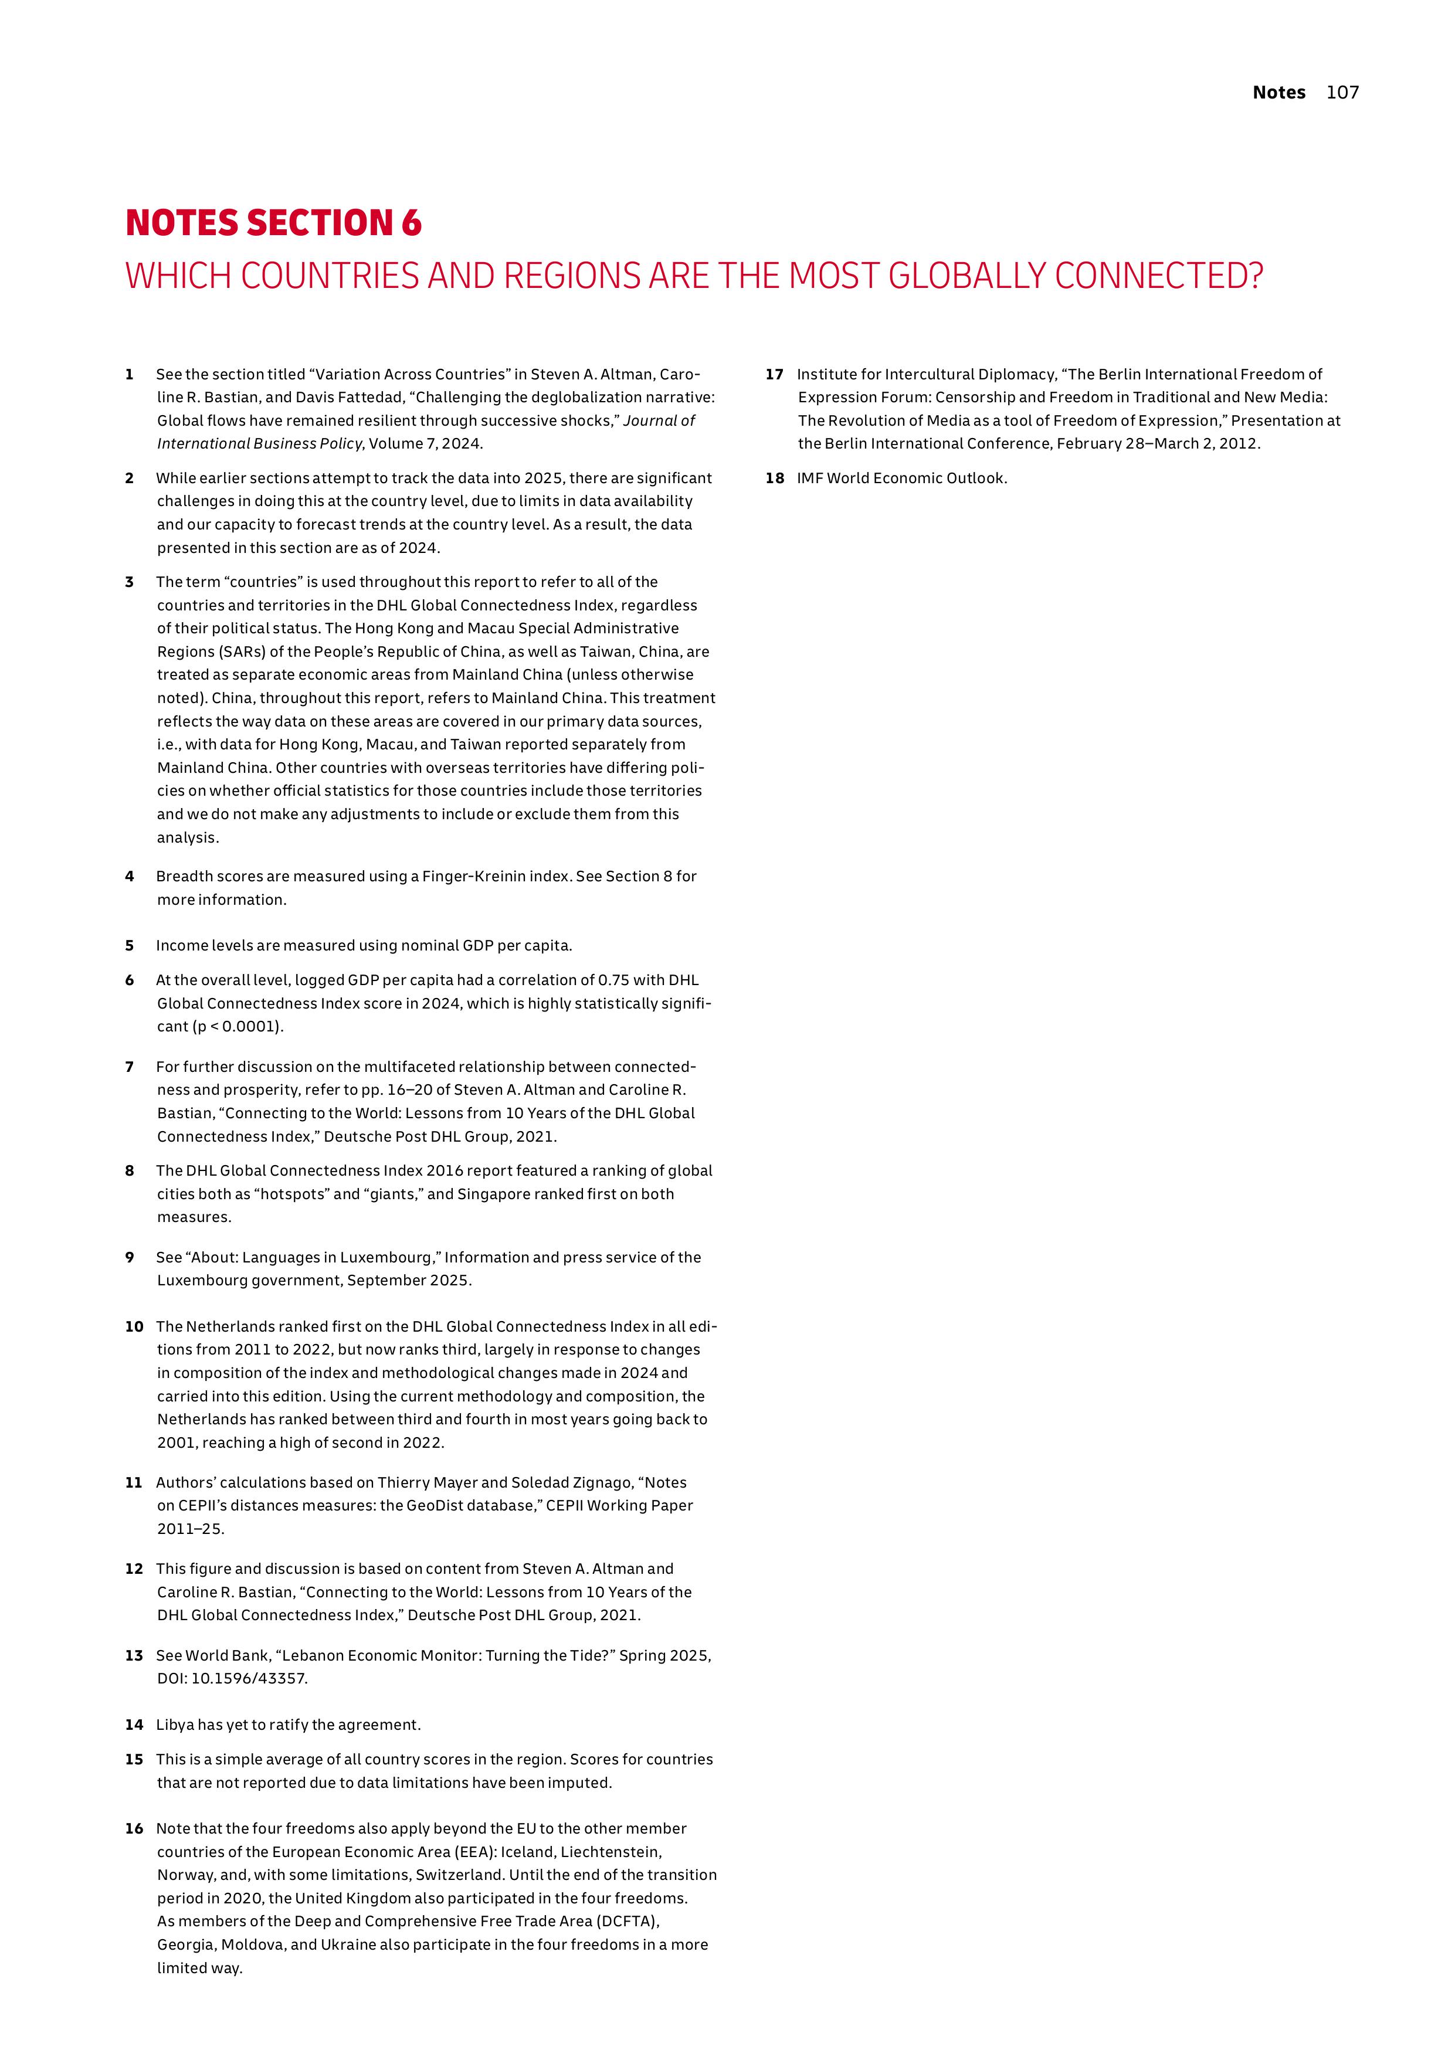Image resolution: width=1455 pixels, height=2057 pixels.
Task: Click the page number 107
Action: [x=1342, y=92]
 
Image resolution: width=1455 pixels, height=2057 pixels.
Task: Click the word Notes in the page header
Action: [x=1278, y=92]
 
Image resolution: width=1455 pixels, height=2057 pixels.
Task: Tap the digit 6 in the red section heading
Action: [x=411, y=223]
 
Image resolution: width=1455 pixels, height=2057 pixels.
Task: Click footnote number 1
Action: [x=130, y=375]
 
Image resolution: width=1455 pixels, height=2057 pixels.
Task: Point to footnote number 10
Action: [x=134, y=1326]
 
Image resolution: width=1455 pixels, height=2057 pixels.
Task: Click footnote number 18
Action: [x=774, y=478]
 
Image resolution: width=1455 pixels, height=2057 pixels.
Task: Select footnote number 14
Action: [x=134, y=1725]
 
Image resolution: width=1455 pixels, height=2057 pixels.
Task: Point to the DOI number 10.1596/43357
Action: [x=248, y=1678]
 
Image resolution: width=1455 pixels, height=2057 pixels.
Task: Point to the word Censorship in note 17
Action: [x=975, y=397]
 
